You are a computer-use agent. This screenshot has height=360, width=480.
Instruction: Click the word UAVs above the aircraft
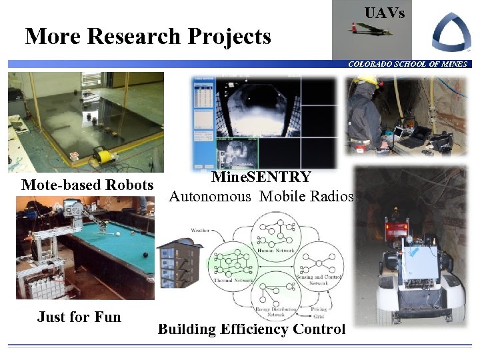tap(384, 13)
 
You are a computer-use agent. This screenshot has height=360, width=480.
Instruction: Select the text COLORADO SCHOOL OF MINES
tap(407, 64)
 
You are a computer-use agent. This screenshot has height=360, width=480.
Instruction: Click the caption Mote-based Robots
tap(87, 185)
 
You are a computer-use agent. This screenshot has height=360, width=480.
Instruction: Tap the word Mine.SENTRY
tap(261, 177)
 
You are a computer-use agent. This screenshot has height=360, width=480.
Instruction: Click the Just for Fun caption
tap(79, 317)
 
